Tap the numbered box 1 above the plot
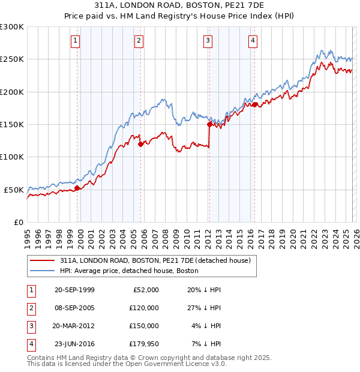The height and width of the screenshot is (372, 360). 76,41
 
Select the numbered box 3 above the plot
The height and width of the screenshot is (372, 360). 208,41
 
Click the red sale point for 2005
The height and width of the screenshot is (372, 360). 140,144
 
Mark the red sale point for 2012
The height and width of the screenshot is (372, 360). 209,125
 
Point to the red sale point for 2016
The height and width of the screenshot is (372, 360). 255,105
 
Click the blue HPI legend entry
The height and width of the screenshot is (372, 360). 133,271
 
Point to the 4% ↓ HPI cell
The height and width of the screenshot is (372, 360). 206,326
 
